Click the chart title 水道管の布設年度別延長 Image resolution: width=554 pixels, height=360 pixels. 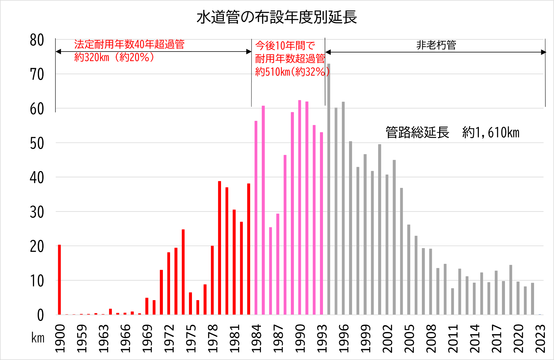click(x=277, y=17)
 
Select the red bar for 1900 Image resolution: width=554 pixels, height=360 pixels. click(x=59, y=280)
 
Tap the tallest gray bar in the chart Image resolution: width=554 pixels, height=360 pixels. click(x=329, y=188)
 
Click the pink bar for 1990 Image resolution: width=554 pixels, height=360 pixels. click(x=300, y=208)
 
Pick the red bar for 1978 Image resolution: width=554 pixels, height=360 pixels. click(x=212, y=280)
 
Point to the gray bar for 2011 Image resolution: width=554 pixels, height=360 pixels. click(x=453, y=302)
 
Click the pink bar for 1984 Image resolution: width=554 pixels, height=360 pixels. click(x=256, y=218)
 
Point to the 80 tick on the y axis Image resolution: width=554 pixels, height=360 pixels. click(x=37, y=40)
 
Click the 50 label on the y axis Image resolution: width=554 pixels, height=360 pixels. click(x=37, y=144)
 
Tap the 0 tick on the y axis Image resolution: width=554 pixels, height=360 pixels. click(x=40, y=315)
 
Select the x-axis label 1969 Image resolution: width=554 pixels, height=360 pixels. click(x=147, y=338)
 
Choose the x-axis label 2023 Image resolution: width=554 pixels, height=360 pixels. click(x=540, y=338)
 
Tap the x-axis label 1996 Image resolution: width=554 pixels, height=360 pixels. click(x=344, y=338)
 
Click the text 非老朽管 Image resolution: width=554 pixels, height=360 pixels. click(x=436, y=45)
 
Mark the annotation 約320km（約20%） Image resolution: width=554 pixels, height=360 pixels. click(x=114, y=57)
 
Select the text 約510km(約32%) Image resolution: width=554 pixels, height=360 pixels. click(x=292, y=72)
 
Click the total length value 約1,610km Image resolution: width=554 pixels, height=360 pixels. click(x=491, y=132)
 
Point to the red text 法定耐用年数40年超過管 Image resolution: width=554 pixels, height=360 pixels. click(x=129, y=44)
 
